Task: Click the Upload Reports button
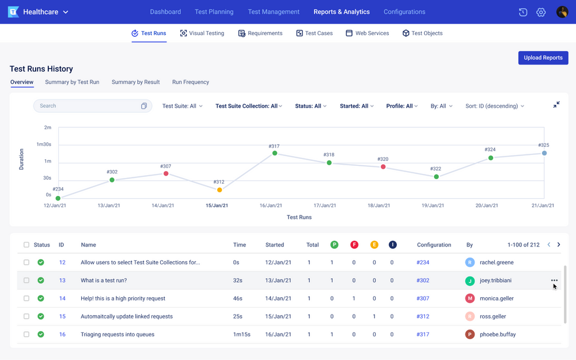(x=543, y=58)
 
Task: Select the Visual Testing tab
(x=202, y=33)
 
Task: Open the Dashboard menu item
(x=165, y=12)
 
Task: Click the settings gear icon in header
(x=541, y=12)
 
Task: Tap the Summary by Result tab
(x=135, y=82)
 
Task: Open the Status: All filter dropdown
(x=310, y=106)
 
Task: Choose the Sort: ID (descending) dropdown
(x=495, y=106)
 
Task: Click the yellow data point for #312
(x=219, y=190)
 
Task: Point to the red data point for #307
(x=166, y=173)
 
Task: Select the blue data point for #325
(x=544, y=153)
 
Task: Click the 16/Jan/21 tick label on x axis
(x=271, y=206)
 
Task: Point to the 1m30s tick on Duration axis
(x=44, y=145)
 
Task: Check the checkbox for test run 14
(x=26, y=298)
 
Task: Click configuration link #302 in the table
(x=423, y=281)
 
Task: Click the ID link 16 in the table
(x=62, y=335)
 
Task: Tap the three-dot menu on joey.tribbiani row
(x=554, y=281)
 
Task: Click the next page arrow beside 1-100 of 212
(x=559, y=245)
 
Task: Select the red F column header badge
(x=354, y=245)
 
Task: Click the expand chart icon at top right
(x=556, y=105)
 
